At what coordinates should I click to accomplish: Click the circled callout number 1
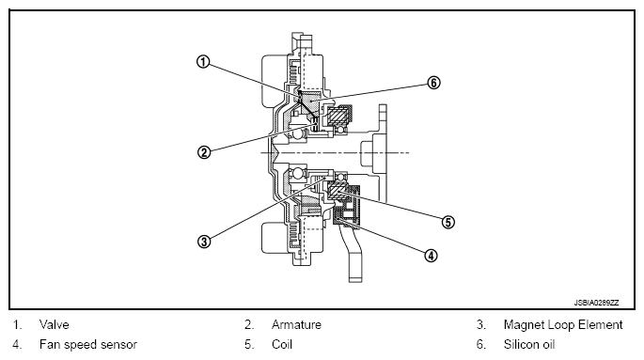tap(203, 62)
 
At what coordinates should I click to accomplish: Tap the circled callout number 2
tap(204, 152)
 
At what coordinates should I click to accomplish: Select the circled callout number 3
tap(204, 242)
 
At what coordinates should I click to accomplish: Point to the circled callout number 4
tap(431, 256)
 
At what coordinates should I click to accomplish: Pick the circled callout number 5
tap(448, 222)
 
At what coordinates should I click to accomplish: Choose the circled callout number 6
tap(433, 83)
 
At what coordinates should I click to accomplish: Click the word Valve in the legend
tap(55, 324)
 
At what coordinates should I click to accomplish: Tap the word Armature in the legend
tap(296, 324)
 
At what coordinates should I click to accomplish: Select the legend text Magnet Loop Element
tap(563, 324)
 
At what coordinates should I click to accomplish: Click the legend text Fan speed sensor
tap(87, 344)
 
